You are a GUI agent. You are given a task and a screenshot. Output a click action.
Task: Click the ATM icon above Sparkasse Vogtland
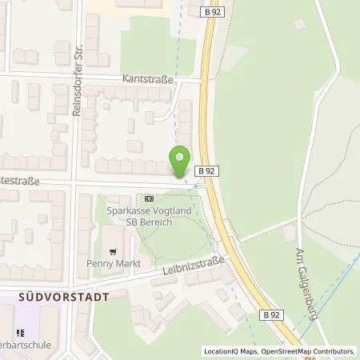click(149, 198)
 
